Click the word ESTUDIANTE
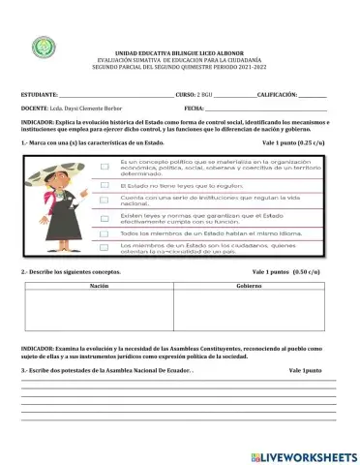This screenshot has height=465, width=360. (x=40, y=95)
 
